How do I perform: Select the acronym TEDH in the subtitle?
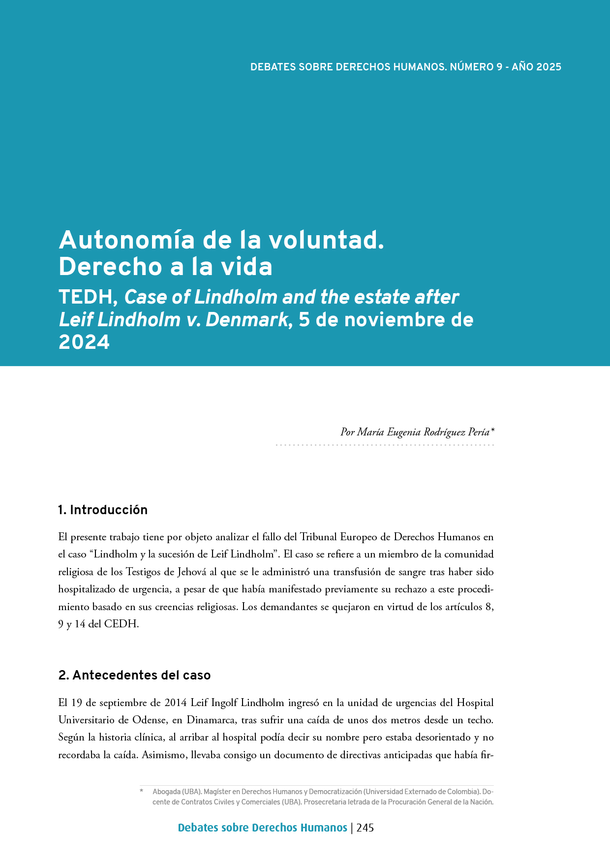pos(88,298)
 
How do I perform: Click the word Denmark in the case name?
pos(246,320)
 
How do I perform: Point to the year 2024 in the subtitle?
pos(84,342)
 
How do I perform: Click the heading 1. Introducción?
pos(103,510)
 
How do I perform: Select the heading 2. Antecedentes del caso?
pos(134,675)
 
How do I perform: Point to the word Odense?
pos(150,720)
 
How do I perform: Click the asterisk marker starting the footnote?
pos(142,792)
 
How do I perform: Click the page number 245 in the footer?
pos(365,828)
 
